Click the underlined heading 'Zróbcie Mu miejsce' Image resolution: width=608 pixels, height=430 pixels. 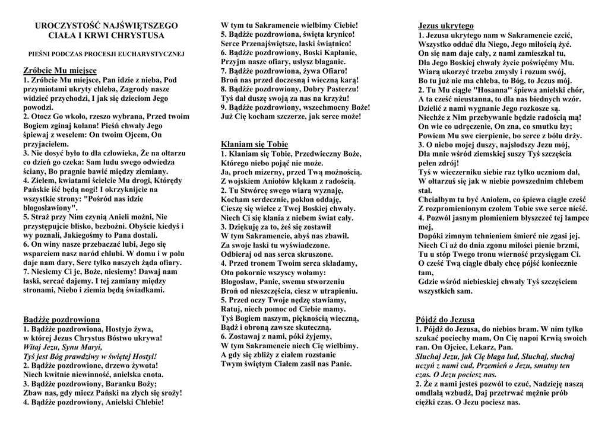click(59, 71)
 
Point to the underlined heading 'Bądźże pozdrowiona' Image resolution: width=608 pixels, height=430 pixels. click(61, 319)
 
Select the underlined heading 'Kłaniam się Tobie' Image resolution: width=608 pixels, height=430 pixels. click(254, 144)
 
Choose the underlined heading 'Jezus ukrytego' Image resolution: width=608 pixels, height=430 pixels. click(446, 26)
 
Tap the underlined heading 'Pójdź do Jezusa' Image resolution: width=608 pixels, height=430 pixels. click(445, 319)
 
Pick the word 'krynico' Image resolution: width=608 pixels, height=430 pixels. click(340, 35)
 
